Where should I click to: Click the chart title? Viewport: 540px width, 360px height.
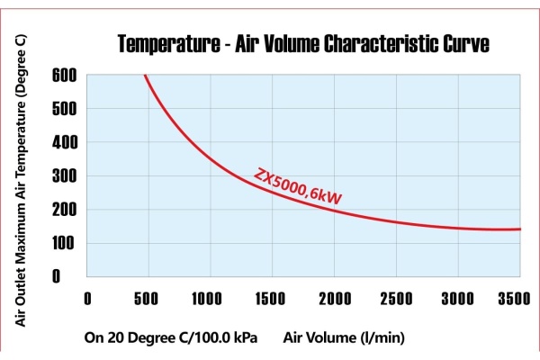(303, 44)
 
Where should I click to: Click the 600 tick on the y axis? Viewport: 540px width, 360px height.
(64, 75)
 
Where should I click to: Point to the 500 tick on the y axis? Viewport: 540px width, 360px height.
(64, 109)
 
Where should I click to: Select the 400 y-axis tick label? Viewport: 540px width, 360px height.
(64, 142)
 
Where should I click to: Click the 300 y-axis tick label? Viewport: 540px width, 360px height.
(64, 176)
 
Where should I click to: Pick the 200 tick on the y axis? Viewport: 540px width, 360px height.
(64, 210)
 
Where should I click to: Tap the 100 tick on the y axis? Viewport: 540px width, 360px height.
(64, 243)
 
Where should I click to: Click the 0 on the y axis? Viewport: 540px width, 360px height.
(68, 276)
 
